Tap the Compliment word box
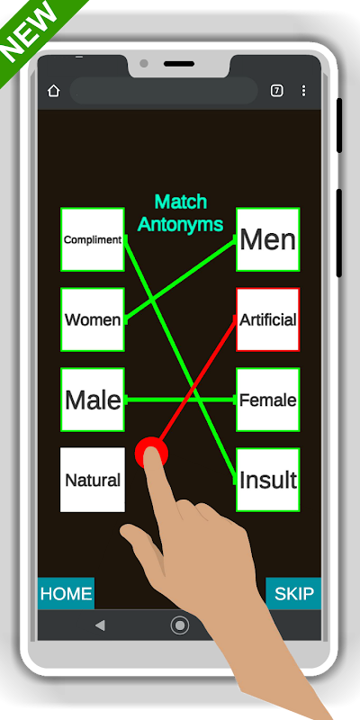(93, 239)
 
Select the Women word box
(93, 319)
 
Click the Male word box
(93, 400)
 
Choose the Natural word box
(93, 480)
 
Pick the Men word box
(267, 239)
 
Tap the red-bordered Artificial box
(267, 319)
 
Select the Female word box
(267, 400)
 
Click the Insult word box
(267, 480)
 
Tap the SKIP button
(293, 593)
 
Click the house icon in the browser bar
(54, 91)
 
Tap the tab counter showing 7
(276, 91)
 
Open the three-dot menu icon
(303, 91)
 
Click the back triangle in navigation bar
(100, 625)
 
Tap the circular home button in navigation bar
(179, 625)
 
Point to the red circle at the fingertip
(151, 453)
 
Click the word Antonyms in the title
(181, 224)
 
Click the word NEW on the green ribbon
(30, 33)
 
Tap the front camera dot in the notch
(144, 63)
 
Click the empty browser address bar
(164, 91)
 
